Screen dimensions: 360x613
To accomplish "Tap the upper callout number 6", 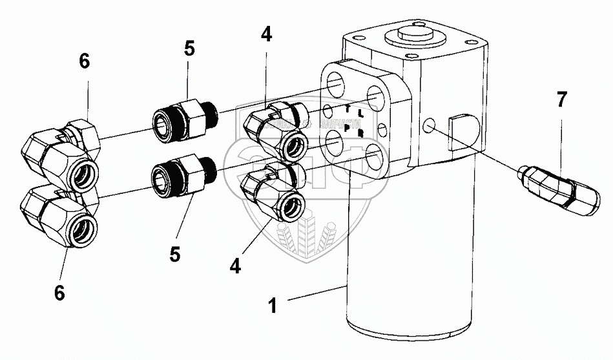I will click(85, 61).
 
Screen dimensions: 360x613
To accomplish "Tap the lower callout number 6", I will click(59, 293).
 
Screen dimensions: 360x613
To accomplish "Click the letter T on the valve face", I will click(347, 108).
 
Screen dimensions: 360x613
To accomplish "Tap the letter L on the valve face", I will click(360, 114).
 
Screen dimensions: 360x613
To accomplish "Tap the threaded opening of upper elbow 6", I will click(82, 171).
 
